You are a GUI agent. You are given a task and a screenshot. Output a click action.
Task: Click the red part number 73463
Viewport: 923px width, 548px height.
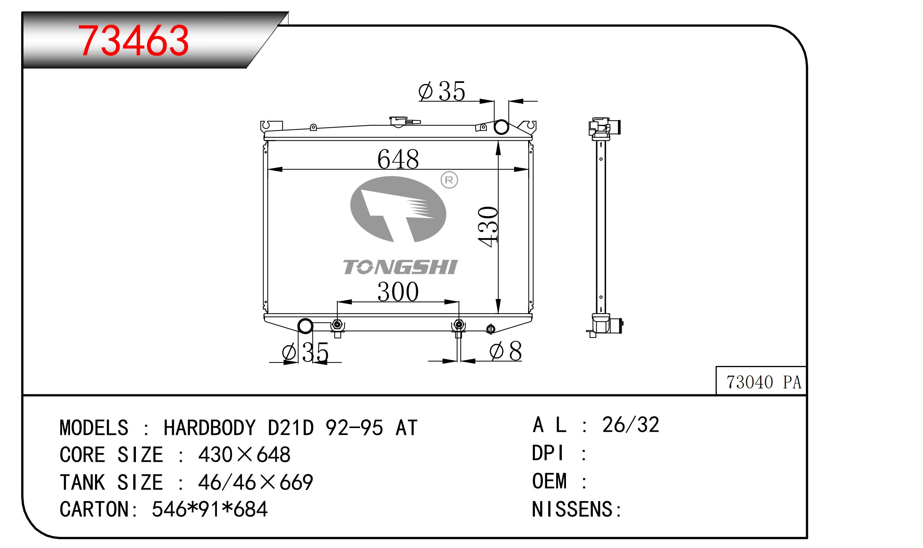coord(133,40)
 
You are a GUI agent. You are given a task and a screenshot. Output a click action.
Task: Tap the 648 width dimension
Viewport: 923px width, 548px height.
coord(398,159)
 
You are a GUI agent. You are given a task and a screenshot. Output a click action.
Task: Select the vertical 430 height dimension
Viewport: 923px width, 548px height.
coord(488,227)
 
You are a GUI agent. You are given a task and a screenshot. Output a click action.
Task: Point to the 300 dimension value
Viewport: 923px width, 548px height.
coord(398,292)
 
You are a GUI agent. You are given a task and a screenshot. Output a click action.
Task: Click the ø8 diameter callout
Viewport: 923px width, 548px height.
coord(505,351)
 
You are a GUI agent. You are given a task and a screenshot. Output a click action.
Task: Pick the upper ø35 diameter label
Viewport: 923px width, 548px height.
coord(442,91)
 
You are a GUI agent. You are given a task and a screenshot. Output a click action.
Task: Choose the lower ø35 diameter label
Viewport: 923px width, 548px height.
coord(305,352)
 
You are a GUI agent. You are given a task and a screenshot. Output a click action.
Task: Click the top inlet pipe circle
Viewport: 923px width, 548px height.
coord(501,127)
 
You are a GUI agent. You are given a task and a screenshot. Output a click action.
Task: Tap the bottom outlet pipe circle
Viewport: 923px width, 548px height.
coord(306,326)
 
